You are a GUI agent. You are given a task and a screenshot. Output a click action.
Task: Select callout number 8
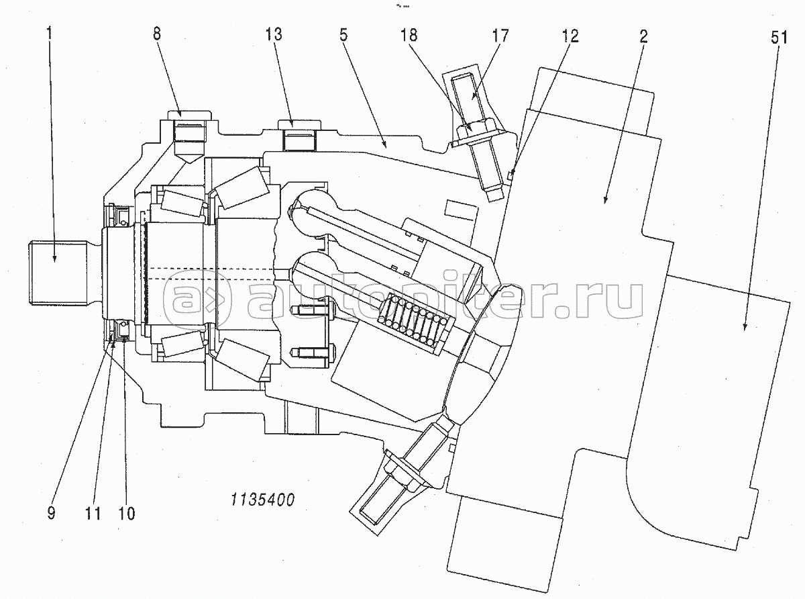(156, 34)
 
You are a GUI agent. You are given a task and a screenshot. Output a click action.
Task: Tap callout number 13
(273, 34)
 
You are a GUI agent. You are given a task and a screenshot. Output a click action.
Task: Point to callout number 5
(343, 36)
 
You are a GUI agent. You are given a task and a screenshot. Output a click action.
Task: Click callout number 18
(409, 36)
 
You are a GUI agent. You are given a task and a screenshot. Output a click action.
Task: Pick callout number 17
(500, 36)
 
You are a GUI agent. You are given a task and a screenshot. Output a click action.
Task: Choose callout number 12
(570, 36)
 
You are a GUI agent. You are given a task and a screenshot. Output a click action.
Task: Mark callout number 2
(643, 36)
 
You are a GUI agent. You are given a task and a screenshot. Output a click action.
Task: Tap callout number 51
(780, 38)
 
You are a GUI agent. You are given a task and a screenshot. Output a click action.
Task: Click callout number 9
(51, 513)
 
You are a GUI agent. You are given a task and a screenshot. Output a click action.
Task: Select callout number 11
(93, 514)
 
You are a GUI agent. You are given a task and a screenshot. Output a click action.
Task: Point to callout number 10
(127, 514)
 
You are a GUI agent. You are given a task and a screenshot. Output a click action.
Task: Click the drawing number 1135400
(262, 500)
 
